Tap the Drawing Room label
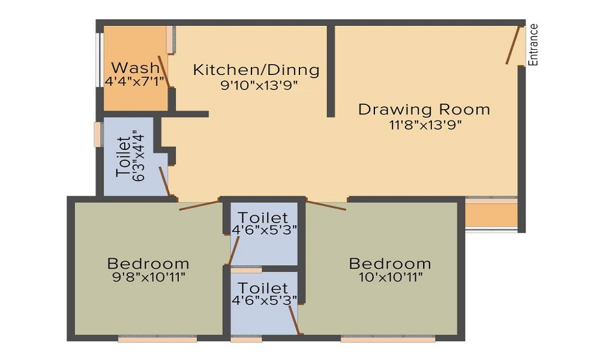tap(424, 110)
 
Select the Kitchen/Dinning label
tap(256, 70)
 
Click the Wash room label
tap(136, 67)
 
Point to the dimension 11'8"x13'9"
tap(424, 125)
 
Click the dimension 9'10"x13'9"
tap(259, 85)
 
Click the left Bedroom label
tap(148, 263)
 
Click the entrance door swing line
tap(512, 45)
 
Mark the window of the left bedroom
tap(157, 339)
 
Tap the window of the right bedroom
tap(388, 339)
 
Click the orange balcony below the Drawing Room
tap(491, 215)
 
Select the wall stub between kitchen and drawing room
tap(331, 71)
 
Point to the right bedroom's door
tap(326, 204)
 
